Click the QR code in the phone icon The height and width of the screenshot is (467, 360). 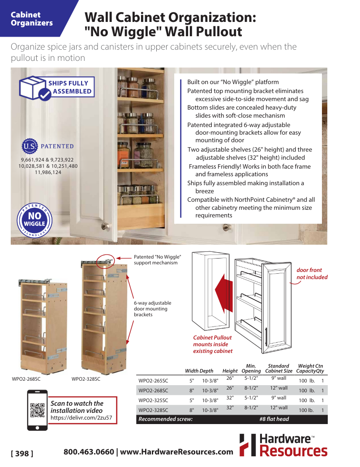37,410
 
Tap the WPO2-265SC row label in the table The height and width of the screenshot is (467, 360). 153,381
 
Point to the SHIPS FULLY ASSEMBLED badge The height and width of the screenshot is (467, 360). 56,87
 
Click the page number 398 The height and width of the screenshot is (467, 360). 22,454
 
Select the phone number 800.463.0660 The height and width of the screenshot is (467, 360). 89,452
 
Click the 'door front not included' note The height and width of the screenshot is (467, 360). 312,274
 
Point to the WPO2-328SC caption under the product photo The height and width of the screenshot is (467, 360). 86,379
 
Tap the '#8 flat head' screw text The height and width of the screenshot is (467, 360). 274,419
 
